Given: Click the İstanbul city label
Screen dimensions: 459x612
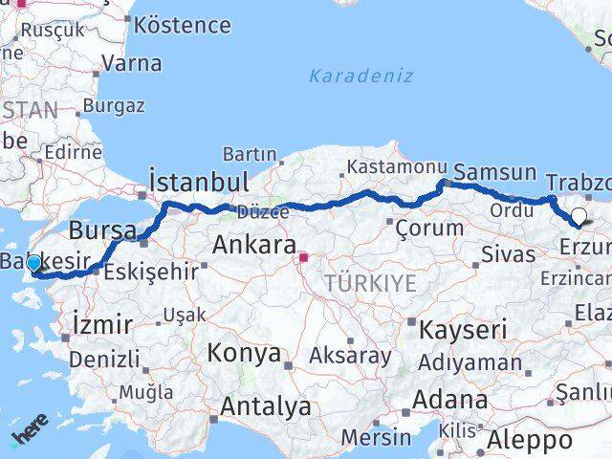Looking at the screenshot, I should (199, 181).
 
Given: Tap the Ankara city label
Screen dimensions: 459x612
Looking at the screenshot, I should (252, 245).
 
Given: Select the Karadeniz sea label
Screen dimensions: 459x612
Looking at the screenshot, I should (361, 76).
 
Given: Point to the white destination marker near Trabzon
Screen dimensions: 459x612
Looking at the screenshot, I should (579, 216).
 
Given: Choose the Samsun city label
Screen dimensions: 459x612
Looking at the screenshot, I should (494, 173).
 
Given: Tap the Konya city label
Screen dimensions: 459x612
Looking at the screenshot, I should (244, 354).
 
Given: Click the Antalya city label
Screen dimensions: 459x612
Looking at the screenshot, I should (265, 406).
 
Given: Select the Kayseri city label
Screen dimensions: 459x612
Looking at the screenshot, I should (463, 330).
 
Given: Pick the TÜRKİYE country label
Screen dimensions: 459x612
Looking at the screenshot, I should (370, 283).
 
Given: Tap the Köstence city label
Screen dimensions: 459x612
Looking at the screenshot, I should (182, 25).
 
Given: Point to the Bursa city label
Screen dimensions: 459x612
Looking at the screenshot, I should (103, 230).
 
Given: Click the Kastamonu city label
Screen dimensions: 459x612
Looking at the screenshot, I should (396, 166).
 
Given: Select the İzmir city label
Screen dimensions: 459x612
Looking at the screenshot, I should (102, 325).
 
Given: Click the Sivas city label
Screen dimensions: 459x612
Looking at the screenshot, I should (507, 255).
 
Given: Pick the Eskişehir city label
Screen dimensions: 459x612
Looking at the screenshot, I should (150, 272).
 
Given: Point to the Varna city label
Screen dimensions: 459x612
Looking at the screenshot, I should (131, 64).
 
